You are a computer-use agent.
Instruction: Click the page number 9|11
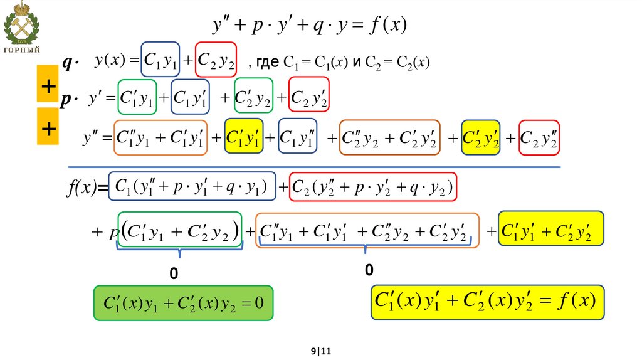tap(321, 352)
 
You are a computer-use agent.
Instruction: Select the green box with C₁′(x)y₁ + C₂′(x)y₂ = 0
tap(183, 304)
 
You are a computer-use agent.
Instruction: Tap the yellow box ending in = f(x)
tap(488, 302)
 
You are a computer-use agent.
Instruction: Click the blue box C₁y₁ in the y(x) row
tap(161, 60)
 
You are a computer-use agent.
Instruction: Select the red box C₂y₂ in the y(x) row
tap(216, 60)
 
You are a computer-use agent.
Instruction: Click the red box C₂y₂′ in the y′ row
tap(309, 97)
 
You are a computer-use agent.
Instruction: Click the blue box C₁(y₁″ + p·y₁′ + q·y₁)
tap(192, 186)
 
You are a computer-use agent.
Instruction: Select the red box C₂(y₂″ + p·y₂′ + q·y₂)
tap(373, 186)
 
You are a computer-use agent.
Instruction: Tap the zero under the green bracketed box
tap(174, 275)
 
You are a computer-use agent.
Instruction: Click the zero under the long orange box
tap(369, 270)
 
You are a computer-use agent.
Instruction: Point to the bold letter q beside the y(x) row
tap(68, 61)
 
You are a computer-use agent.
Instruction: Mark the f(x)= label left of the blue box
tap(87, 188)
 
